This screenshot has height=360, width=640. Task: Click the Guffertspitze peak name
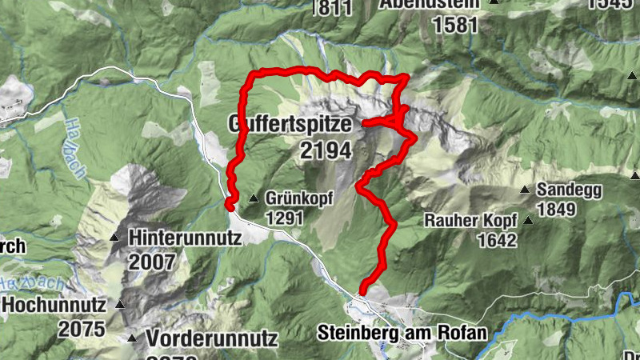click(290, 125)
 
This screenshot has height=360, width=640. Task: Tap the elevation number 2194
click(326, 150)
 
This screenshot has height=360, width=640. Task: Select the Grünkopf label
click(298, 198)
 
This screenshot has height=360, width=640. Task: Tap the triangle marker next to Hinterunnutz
click(115, 238)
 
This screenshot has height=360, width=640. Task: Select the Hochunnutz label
click(54, 304)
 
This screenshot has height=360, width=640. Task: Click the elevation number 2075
click(81, 329)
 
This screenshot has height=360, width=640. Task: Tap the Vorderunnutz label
click(211, 338)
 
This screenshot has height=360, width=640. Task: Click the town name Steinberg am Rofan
click(402, 331)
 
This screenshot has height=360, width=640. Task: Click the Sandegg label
click(571, 190)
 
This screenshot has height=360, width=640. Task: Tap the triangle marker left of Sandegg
click(525, 190)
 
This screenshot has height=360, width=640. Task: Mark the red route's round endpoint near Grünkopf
click(230, 206)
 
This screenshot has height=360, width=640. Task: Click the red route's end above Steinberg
click(362, 291)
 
